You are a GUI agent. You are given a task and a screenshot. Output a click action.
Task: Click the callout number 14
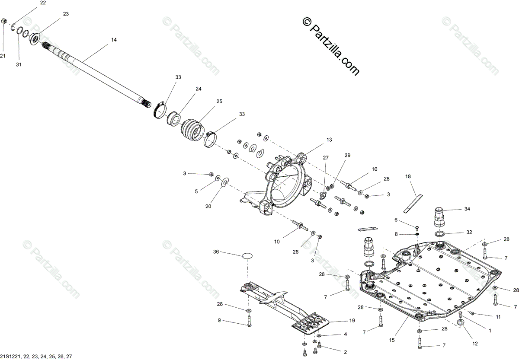(114, 40)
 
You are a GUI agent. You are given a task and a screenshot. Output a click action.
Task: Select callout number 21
(3, 56)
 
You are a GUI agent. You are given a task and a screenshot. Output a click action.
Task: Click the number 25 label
(219, 102)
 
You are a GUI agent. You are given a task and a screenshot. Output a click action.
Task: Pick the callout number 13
(329, 140)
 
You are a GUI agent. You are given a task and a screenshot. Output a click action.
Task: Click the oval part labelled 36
(247, 255)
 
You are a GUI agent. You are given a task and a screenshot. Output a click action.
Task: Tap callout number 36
(216, 252)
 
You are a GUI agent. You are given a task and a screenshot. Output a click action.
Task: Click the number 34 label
(467, 209)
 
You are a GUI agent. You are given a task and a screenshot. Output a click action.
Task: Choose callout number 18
(408, 176)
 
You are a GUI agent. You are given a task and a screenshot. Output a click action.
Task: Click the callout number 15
(391, 340)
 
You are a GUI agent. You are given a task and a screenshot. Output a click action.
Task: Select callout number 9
(219, 320)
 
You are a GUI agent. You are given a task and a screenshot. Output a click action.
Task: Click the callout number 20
(208, 206)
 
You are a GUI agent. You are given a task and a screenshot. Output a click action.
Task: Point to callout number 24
(199, 89)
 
